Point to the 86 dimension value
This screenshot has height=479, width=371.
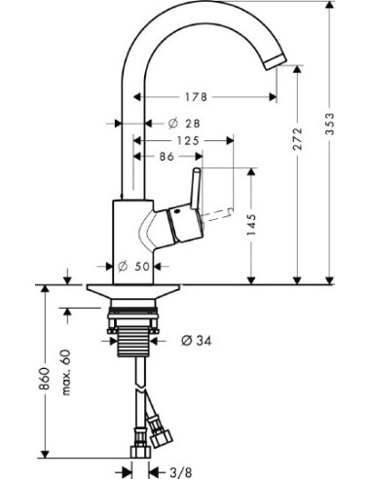[167, 156]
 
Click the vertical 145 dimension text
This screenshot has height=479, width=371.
[252, 227]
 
